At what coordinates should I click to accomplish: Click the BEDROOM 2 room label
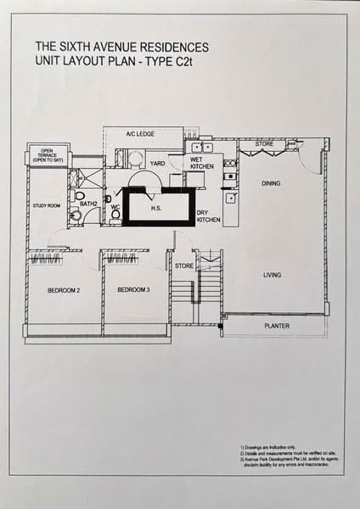click(x=63, y=291)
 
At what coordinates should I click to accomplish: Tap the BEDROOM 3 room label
click(x=133, y=291)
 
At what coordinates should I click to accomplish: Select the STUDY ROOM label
click(x=45, y=206)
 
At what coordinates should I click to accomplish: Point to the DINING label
click(x=271, y=183)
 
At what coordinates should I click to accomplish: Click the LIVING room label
click(x=272, y=274)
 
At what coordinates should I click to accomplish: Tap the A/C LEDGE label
click(x=138, y=134)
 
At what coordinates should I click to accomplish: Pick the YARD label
click(x=157, y=163)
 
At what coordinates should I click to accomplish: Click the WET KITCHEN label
click(x=202, y=163)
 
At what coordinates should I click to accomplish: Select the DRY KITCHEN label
click(x=208, y=216)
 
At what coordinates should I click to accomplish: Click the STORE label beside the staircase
click(x=183, y=266)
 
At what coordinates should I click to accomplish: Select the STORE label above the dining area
click(x=265, y=144)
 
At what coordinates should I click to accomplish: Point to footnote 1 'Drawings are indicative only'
click(x=271, y=446)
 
